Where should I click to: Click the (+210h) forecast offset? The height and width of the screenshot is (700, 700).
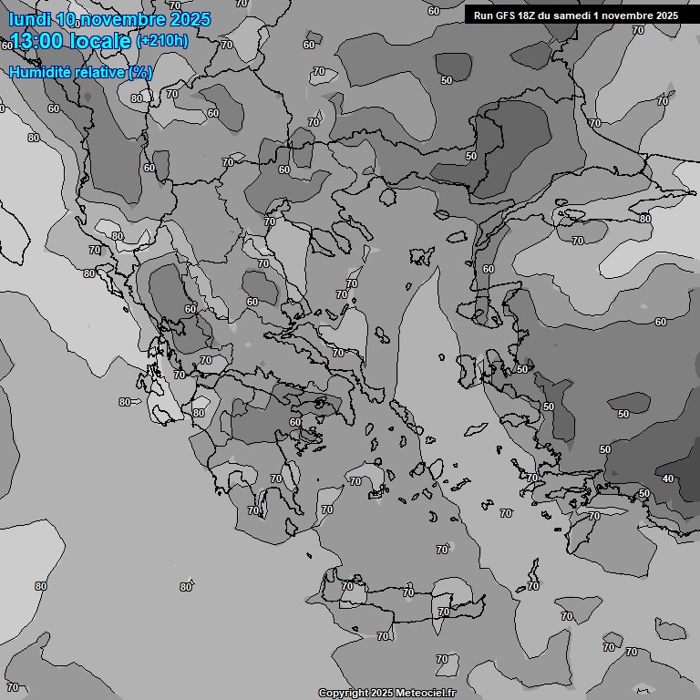click(x=161, y=41)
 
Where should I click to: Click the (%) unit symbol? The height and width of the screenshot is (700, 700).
click(x=140, y=72)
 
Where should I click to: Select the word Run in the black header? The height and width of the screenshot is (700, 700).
click(x=483, y=15)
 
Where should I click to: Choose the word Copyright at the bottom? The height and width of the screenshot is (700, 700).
click(x=344, y=694)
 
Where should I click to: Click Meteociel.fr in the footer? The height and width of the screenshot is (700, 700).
click(x=426, y=694)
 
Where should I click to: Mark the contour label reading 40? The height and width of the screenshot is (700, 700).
click(x=668, y=479)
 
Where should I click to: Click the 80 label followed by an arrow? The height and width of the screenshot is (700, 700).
click(x=125, y=402)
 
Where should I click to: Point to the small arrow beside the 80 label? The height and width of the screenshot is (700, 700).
click(x=137, y=402)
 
